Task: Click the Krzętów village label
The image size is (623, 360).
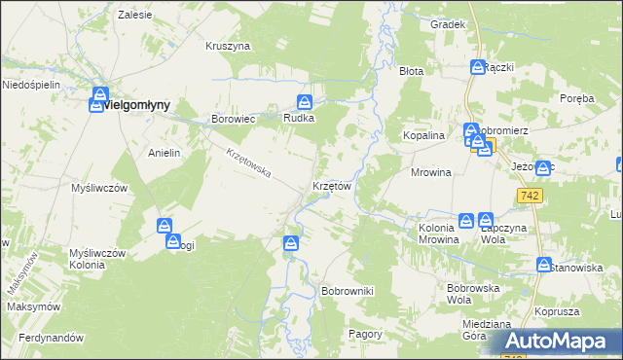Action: pos(331,185)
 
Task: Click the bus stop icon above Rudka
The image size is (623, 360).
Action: pos(305,101)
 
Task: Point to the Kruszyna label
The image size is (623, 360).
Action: pos(229,46)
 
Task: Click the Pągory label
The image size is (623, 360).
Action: pos(366,334)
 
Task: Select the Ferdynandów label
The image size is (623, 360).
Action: pos(43,338)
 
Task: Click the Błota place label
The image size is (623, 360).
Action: pos(412,71)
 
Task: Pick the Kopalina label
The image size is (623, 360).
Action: pos(424,136)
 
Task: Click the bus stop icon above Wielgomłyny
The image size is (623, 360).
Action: pos(98,96)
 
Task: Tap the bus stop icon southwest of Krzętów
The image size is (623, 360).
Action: pos(291,243)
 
